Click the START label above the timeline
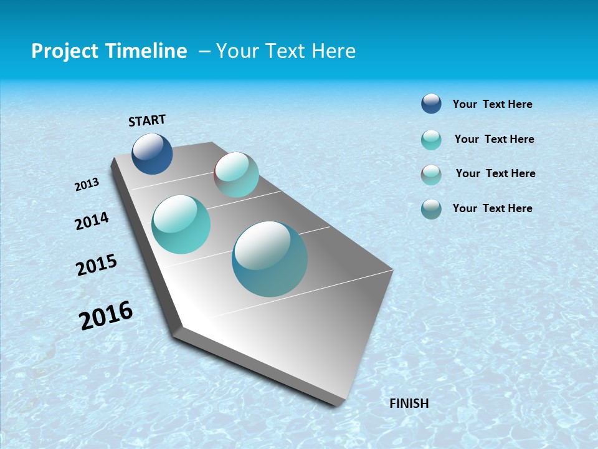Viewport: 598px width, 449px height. (x=147, y=120)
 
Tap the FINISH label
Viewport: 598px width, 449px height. (x=409, y=403)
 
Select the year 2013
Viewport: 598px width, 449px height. (x=87, y=185)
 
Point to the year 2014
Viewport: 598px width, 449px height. (x=92, y=221)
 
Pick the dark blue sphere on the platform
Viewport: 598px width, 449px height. (x=152, y=153)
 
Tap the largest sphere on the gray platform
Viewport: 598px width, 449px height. (x=269, y=259)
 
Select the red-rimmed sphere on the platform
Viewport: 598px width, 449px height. (x=236, y=175)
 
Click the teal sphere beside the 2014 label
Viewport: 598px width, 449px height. (x=181, y=224)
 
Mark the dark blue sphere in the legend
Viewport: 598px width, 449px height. (x=431, y=104)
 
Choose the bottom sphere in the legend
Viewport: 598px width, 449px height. (x=431, y=209)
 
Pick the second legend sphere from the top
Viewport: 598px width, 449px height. (x=431, y=140)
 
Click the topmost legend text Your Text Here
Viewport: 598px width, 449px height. (x=492, y=104)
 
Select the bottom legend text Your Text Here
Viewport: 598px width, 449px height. (x=492, y=208)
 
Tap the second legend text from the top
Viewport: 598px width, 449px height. (x=494, y=139)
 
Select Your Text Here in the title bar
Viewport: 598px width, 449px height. (x=285, y=51)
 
